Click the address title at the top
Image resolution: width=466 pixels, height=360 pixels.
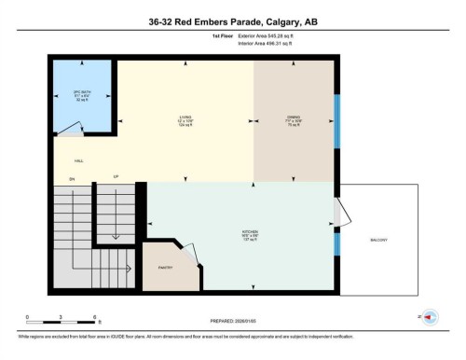(x=232, y=21)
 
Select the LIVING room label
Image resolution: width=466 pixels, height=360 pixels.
(x=186, y=119)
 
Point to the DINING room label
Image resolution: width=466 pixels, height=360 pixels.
(x=291, y=118)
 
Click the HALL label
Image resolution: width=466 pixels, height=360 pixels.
(x=66, y=160)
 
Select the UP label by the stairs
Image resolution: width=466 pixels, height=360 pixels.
(x=116, y=176)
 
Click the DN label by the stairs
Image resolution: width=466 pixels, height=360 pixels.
(x=70, y=178)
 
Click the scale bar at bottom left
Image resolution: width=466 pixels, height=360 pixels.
(x=62, y=320)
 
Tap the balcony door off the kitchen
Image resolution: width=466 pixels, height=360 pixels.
(x=344, y=212)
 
